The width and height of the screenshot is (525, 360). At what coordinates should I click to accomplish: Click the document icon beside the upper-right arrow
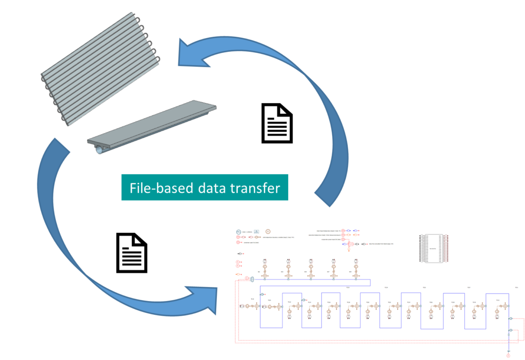tap(277, 123)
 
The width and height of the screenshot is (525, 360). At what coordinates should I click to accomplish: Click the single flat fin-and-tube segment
tap(154, 126)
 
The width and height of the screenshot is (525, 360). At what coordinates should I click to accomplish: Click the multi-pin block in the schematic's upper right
tap(434, 249)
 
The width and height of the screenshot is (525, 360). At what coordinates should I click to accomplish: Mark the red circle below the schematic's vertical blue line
tap(508, 355)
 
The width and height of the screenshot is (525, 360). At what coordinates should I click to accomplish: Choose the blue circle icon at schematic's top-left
tap(238, 232)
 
